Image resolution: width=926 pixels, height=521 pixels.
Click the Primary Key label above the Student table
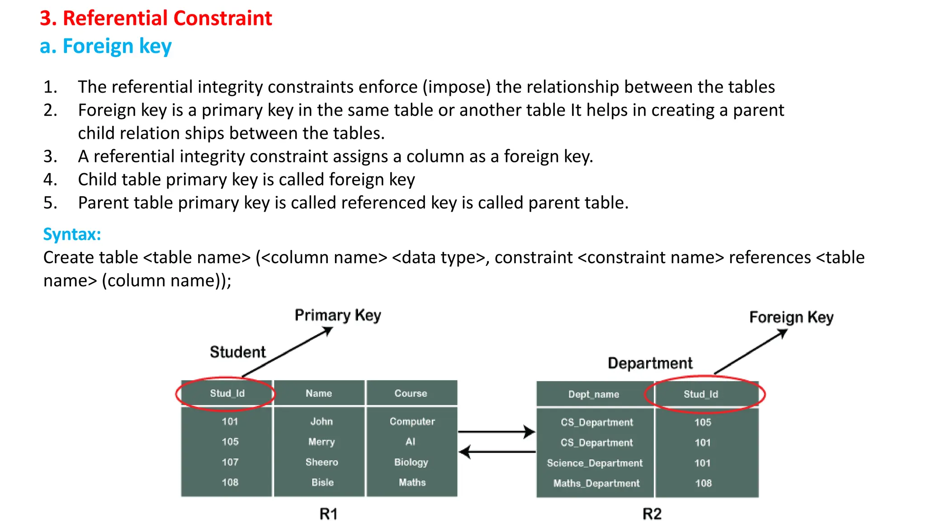[x=338, y=315]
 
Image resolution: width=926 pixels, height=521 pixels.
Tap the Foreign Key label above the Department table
[x=791, y=317]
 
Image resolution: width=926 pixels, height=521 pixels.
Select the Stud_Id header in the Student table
[x=227, y=393]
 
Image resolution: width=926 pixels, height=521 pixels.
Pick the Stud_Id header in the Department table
[x=701, y=394]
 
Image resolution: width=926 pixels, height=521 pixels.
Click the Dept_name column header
[x=594, y=394]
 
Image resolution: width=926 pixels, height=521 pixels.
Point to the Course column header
[x=411, y=393]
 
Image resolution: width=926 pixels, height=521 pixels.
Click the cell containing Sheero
[x=321, y=462]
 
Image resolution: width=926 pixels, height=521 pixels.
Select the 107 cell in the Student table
[x=230, y=462]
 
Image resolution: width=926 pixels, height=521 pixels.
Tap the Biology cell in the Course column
[x=411, y=462]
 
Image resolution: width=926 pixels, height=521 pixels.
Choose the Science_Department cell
[x=595, y=463]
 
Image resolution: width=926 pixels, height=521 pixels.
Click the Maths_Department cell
[x=596, y=483]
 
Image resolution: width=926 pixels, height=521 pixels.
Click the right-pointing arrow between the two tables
[x=496, y=432]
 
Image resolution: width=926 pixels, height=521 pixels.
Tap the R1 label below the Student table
[x=329, y=514]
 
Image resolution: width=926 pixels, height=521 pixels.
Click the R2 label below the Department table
[x=652, y=514]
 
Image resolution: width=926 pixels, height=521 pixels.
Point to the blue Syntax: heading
[x=72, y=234]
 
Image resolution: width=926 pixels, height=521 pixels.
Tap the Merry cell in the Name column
[x=321, y=442]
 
